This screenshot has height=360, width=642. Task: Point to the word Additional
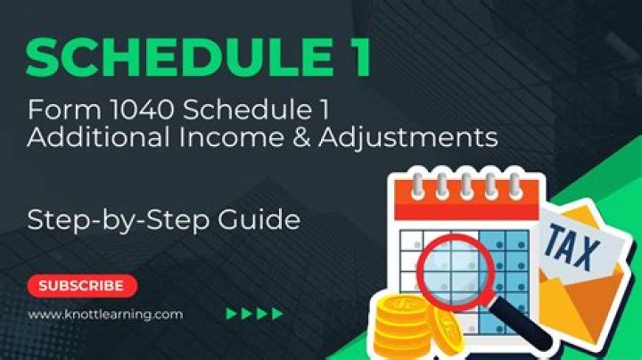pos(86,140)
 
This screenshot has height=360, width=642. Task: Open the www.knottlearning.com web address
pos(104,314)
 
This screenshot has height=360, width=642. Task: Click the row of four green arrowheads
pos(254,314)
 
